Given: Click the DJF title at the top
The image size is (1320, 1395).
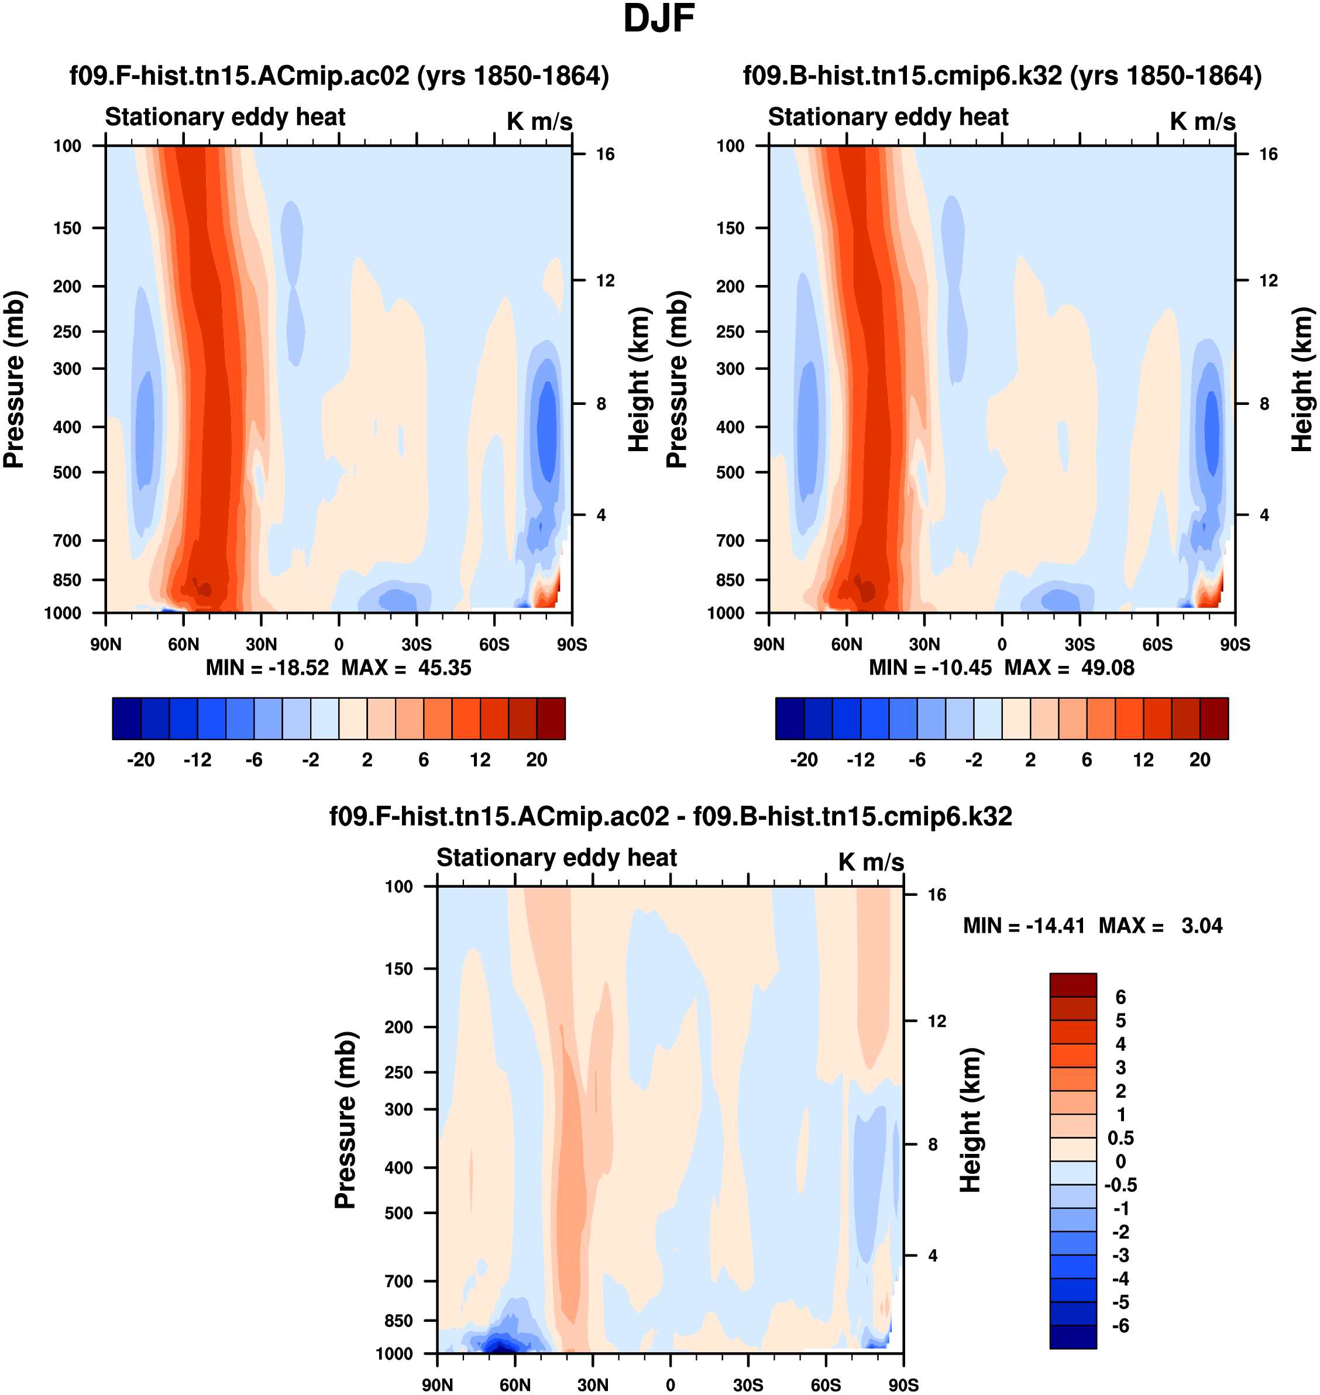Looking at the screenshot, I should pos(659,19).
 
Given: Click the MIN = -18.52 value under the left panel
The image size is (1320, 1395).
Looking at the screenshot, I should pos(267,668).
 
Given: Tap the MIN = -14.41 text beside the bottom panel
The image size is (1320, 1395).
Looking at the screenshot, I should pos(1024,926).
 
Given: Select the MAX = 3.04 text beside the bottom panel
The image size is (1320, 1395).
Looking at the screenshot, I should pos(1160,926).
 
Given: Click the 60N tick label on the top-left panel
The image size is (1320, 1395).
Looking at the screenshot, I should pos(184,645).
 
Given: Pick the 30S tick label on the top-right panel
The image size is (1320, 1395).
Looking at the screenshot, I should pos(1080,645).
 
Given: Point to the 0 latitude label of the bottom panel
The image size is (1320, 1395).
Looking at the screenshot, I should pos(671,1385).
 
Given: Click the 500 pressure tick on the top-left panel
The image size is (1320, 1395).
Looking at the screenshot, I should pos(67,472).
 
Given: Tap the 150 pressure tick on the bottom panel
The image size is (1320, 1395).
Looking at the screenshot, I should pos(398,968).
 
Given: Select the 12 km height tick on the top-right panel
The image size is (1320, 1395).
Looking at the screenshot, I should pos(1268,281).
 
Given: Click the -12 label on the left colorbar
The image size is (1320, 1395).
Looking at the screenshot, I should pos(197,760).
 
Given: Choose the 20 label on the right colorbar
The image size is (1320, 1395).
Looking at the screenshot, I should pos(1199,760).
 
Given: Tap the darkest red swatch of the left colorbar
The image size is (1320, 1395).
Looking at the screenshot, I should pos(551,719).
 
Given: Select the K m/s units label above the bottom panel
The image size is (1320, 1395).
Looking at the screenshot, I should pos(871,862).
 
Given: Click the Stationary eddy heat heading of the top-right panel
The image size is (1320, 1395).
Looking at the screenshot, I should pos(888,117).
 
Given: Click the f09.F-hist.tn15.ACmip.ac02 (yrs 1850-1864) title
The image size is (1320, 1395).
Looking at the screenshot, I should pos(339,76).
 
